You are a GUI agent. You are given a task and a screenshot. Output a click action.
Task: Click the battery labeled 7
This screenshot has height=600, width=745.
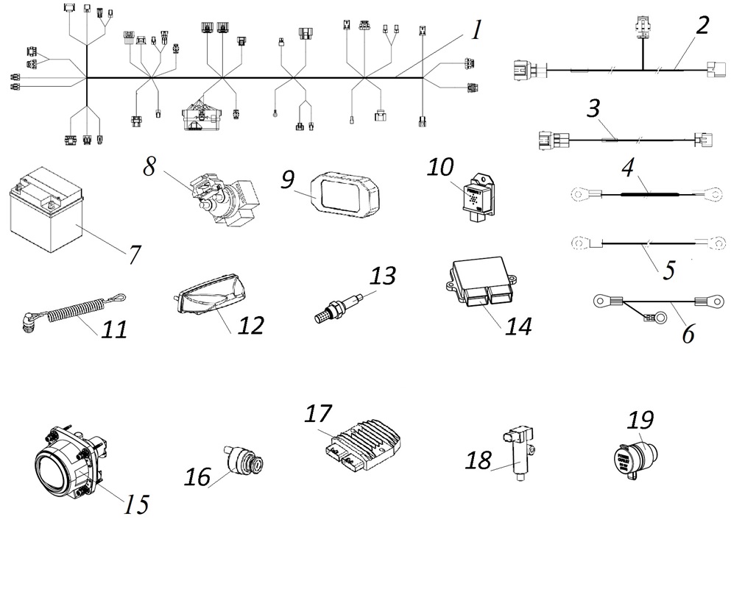click(x=46, y=210)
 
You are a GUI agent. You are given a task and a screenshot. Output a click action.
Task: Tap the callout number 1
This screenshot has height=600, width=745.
click(x=476, y=31)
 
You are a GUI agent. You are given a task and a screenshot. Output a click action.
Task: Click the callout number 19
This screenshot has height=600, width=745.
click(x=640, y=421)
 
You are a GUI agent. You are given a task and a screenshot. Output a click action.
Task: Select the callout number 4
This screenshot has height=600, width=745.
click(x=627, y=168)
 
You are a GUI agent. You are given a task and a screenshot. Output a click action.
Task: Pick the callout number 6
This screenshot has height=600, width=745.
click(x=688, y=332)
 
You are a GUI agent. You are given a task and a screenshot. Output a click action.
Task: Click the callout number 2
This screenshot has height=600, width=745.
click(x=702, y=26)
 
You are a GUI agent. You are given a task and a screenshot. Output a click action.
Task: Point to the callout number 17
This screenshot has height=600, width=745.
click(x=319, y=414)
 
